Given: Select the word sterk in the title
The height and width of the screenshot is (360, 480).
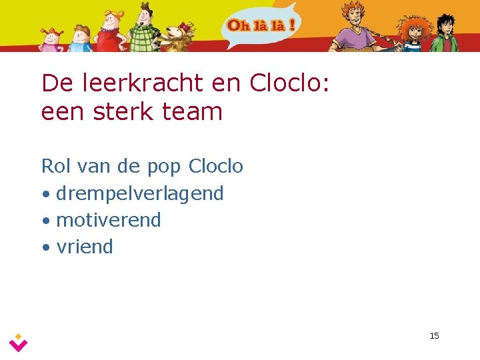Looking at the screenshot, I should [127, 111].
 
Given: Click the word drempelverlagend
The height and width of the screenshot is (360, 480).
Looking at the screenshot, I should [140, 194].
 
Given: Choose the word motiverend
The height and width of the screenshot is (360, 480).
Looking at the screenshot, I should [109, 220].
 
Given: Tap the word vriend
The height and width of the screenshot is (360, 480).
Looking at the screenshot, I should [85, 247].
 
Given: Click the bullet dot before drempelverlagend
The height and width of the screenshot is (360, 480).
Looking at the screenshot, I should [45, 195].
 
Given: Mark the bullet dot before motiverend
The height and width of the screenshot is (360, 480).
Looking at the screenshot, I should [45, 221].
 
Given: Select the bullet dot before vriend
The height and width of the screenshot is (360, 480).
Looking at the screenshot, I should [45, 248].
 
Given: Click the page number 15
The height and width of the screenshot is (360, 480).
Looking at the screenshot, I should [434, 335].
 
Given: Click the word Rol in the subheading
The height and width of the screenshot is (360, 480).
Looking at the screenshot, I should [55, 166].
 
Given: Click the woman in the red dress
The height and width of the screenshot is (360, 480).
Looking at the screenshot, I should [109, 30].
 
